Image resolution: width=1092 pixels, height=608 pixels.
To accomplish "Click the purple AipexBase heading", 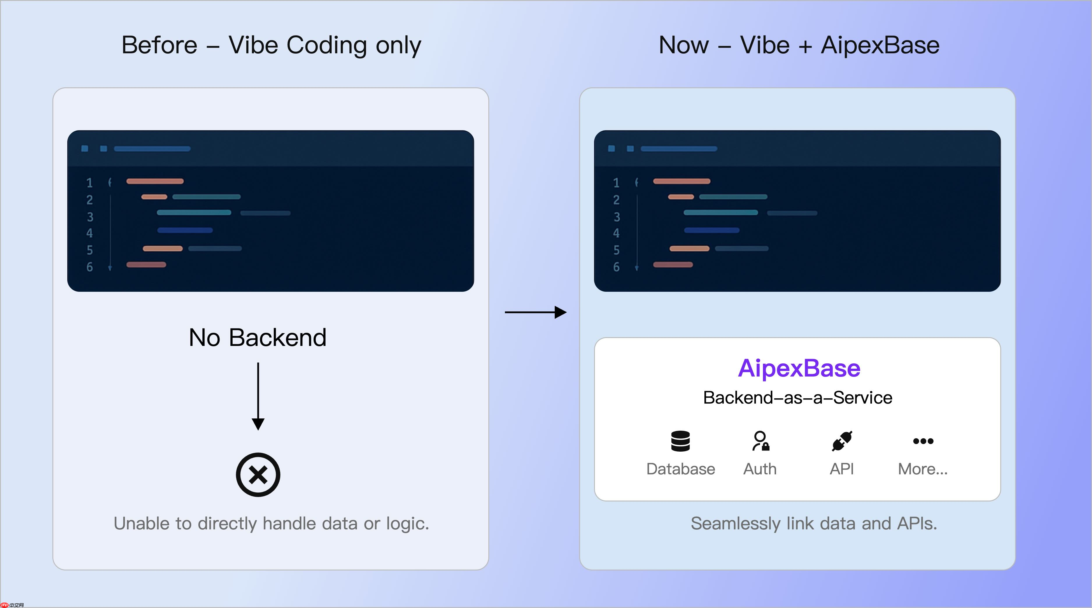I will tap(799, 368).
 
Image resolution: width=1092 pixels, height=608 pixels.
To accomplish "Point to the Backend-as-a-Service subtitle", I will tap(797, 398).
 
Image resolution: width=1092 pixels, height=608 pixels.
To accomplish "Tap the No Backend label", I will tap(257, 337).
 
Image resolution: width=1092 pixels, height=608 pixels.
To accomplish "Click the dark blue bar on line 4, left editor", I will tap(185, 230).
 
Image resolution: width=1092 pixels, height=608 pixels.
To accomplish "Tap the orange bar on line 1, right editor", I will tap(681, 181).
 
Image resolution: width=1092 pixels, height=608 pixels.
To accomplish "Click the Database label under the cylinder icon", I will tap(680, 469).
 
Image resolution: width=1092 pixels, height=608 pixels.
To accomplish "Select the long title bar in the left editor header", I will tap(152, 149).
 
